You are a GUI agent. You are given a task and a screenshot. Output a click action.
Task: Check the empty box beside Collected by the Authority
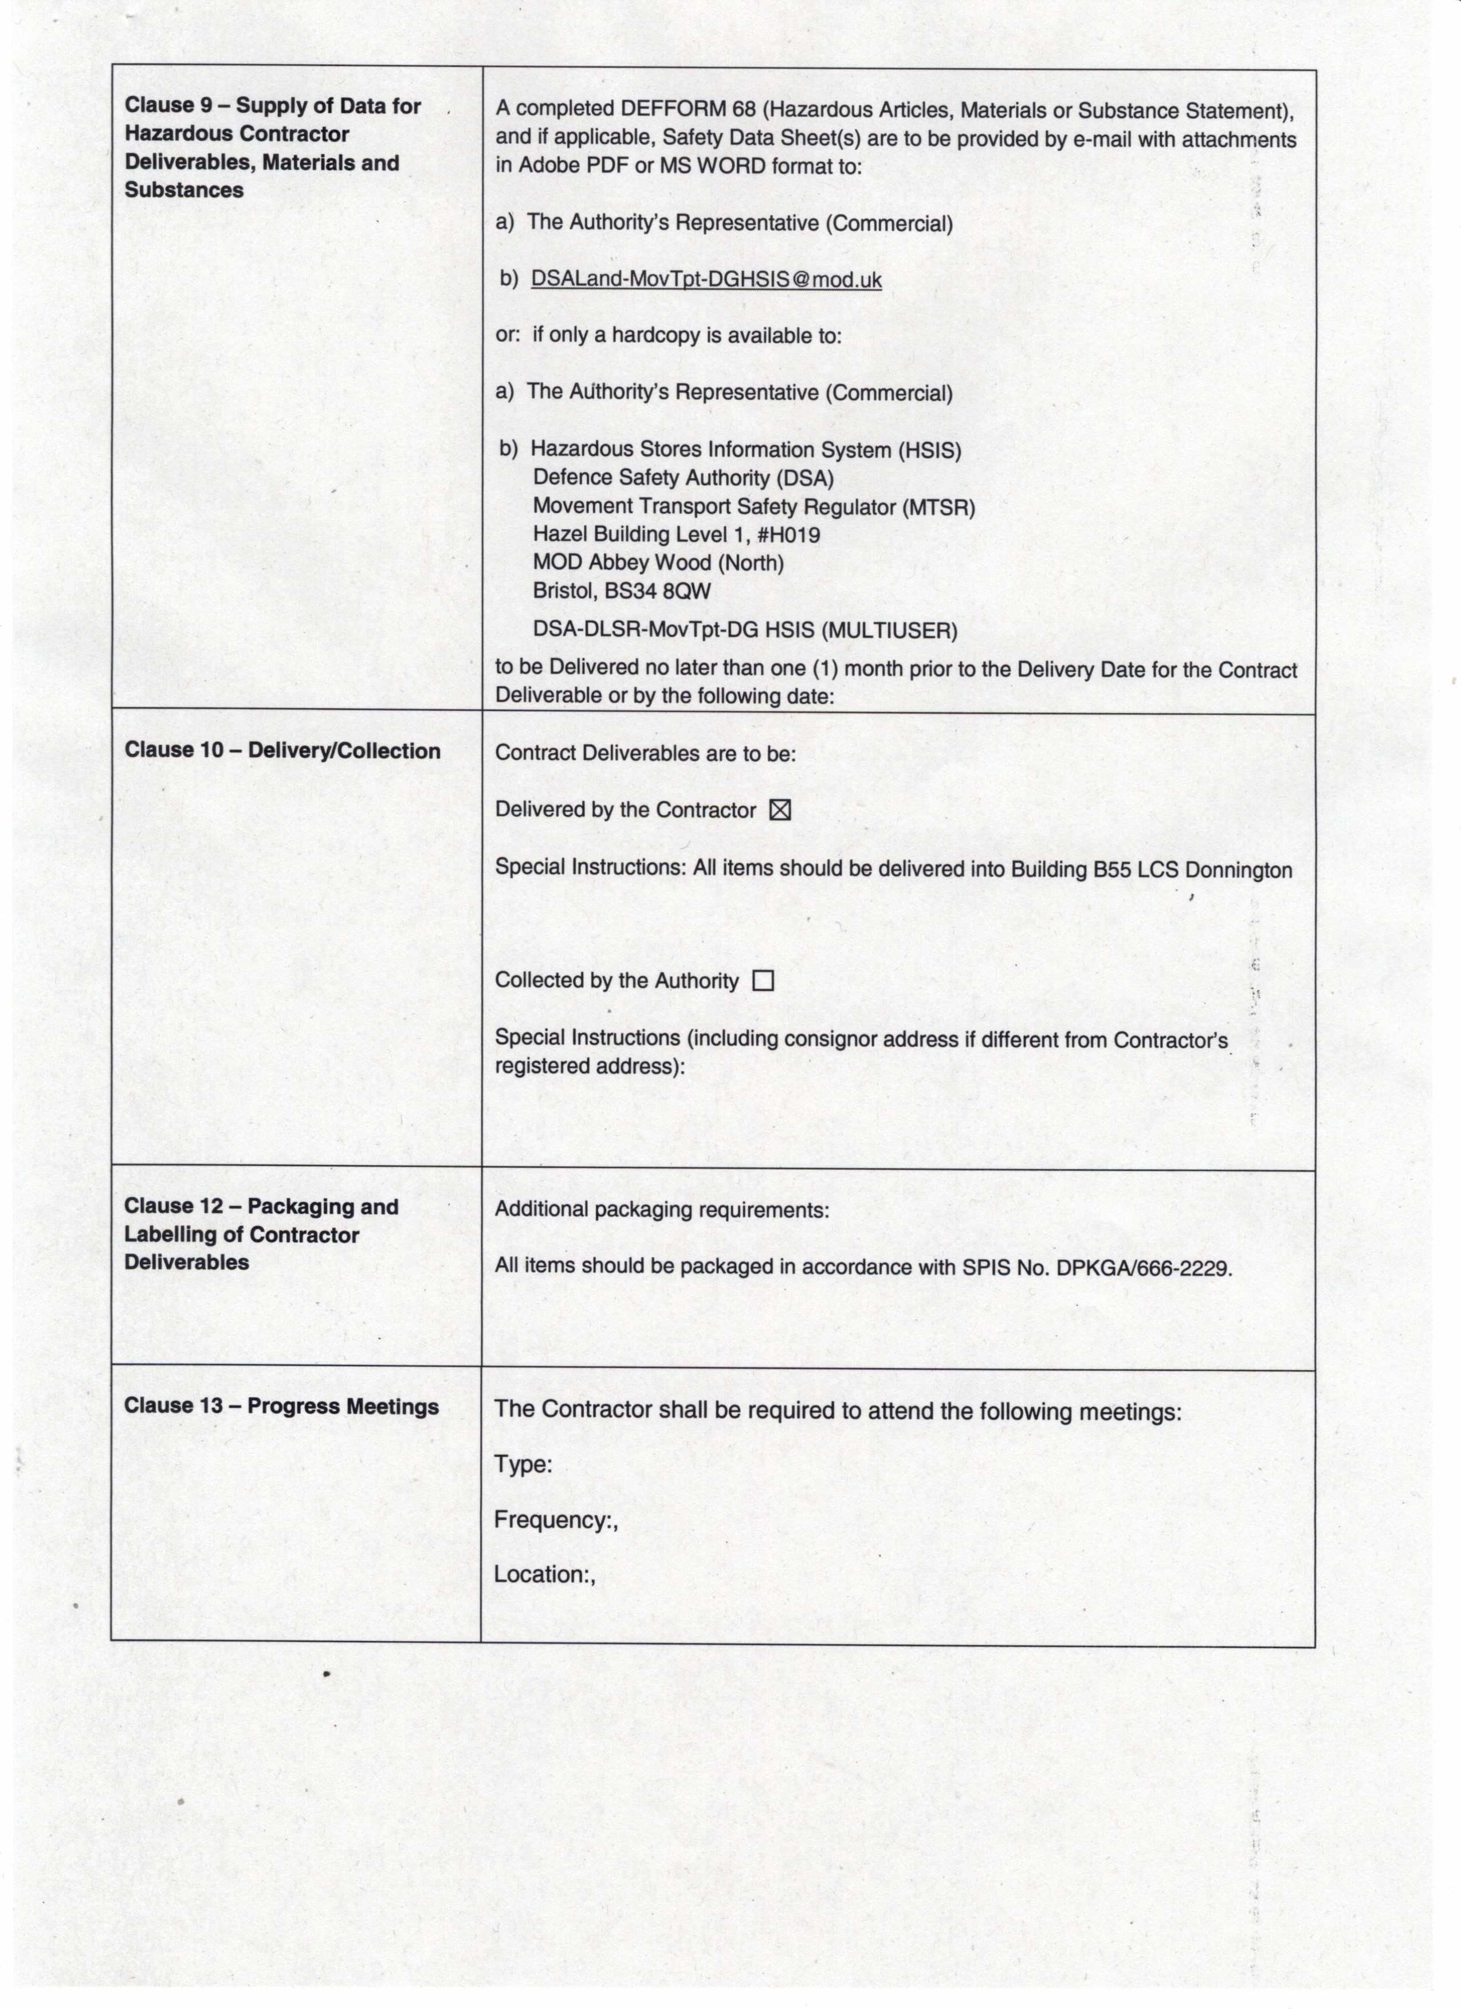point(762,981)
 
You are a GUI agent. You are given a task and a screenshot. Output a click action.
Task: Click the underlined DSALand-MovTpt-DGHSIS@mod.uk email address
point(706,280)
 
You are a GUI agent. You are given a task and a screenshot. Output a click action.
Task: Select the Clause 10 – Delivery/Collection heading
point(282,750)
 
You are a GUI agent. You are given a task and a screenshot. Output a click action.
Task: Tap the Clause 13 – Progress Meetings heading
point(281,1407)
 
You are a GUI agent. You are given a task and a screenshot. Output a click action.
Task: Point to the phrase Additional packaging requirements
point(662,1210)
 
